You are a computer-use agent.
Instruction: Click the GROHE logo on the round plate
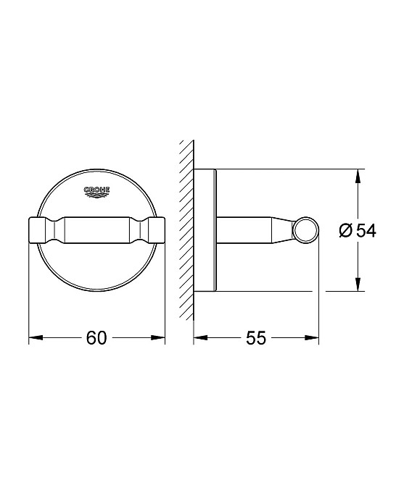96,190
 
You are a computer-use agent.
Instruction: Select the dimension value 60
96,338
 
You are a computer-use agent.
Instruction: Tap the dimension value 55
257,338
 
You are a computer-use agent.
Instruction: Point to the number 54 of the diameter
366,231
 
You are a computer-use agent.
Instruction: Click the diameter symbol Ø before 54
346,231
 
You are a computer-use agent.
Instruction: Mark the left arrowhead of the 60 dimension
33,338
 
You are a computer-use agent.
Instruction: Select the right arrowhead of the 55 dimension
314,338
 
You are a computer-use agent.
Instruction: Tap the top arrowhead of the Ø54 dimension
358,175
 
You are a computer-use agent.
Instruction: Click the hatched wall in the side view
186,231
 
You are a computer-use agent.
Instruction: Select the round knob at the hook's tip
305,231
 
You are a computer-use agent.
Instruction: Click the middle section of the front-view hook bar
96,231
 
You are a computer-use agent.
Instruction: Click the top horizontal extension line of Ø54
290,170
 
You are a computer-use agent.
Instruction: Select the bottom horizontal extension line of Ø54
290,292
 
